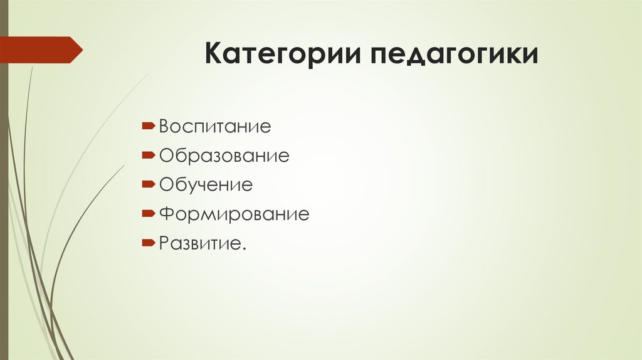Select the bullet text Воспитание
coord(214,127)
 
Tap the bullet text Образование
coord(224,156)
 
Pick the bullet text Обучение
coord(206,184)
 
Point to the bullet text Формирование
coord(234,214)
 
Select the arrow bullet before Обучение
coord(149,184)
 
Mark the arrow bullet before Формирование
coord(149,214)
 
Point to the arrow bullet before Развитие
coord(149,242)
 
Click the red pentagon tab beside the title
coord(41,50)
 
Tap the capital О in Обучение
coord(166,184)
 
